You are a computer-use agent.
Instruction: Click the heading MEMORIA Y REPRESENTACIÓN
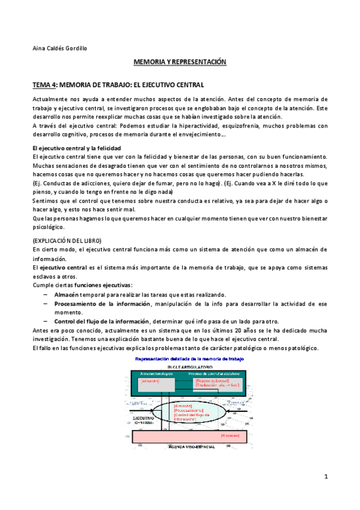179,62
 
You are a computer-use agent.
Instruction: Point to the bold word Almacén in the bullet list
66,295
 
